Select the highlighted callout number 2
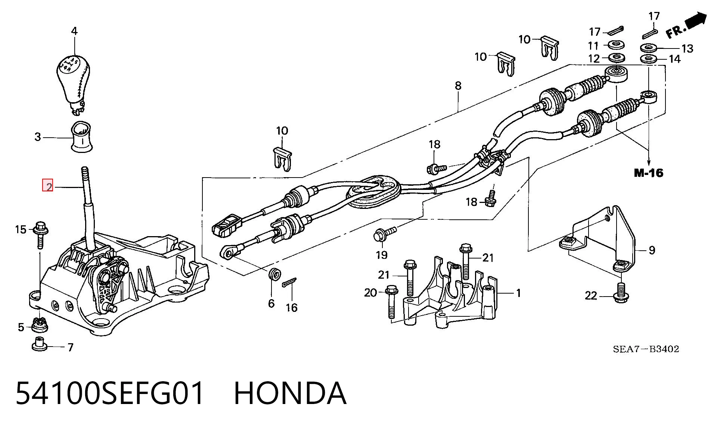(x=48, y=185)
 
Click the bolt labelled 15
(x=40, y=234)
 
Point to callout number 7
(x=70, y=347)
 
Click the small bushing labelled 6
(x=275, y=275)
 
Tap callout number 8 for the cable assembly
(x=458, y=86)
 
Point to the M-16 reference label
(x=649, y=173)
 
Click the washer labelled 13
(x=649, y=48)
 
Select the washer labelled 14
(x=649, y=59)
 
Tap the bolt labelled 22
(x=621, y=293)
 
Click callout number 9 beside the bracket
(x=652, y=250)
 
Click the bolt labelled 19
(x=384, y=234)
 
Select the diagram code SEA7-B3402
(x=646, y=349)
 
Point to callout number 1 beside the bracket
(x=518, y=293)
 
